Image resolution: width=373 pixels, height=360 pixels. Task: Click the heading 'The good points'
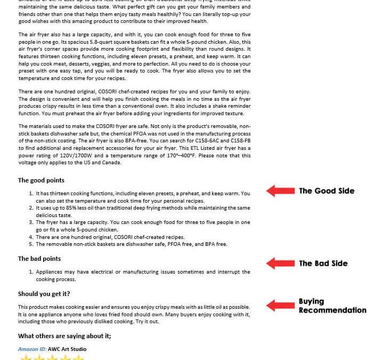41,180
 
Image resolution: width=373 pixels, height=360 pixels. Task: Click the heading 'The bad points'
39,259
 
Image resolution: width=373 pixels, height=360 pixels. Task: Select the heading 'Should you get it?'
44,294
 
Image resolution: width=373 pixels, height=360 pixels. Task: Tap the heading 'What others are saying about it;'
64,336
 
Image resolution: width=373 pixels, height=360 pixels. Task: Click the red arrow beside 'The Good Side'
280,191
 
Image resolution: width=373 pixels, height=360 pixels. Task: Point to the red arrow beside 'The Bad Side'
280,263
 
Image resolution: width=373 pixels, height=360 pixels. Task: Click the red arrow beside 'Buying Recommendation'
280,306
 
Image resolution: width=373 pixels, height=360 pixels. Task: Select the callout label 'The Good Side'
326,191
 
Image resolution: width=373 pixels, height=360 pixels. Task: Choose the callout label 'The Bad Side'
323,263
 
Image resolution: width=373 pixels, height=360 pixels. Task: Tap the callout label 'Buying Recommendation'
332,306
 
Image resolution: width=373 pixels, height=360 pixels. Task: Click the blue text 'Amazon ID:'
32,349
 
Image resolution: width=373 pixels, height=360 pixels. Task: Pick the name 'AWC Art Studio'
67,349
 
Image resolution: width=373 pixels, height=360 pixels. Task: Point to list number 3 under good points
31,222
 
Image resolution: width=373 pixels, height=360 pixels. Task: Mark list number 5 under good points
31,244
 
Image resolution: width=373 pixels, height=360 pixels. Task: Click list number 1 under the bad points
31,272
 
